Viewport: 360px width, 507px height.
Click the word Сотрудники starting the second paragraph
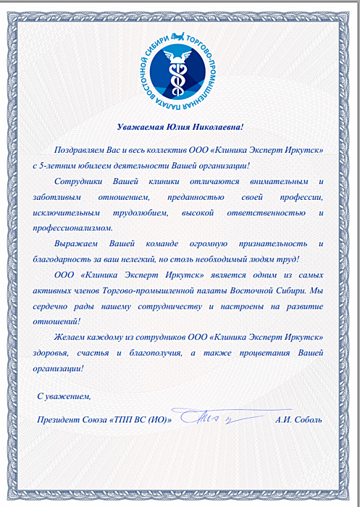tap(79, 180)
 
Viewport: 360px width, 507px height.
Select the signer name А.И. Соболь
tap(299, 419)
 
